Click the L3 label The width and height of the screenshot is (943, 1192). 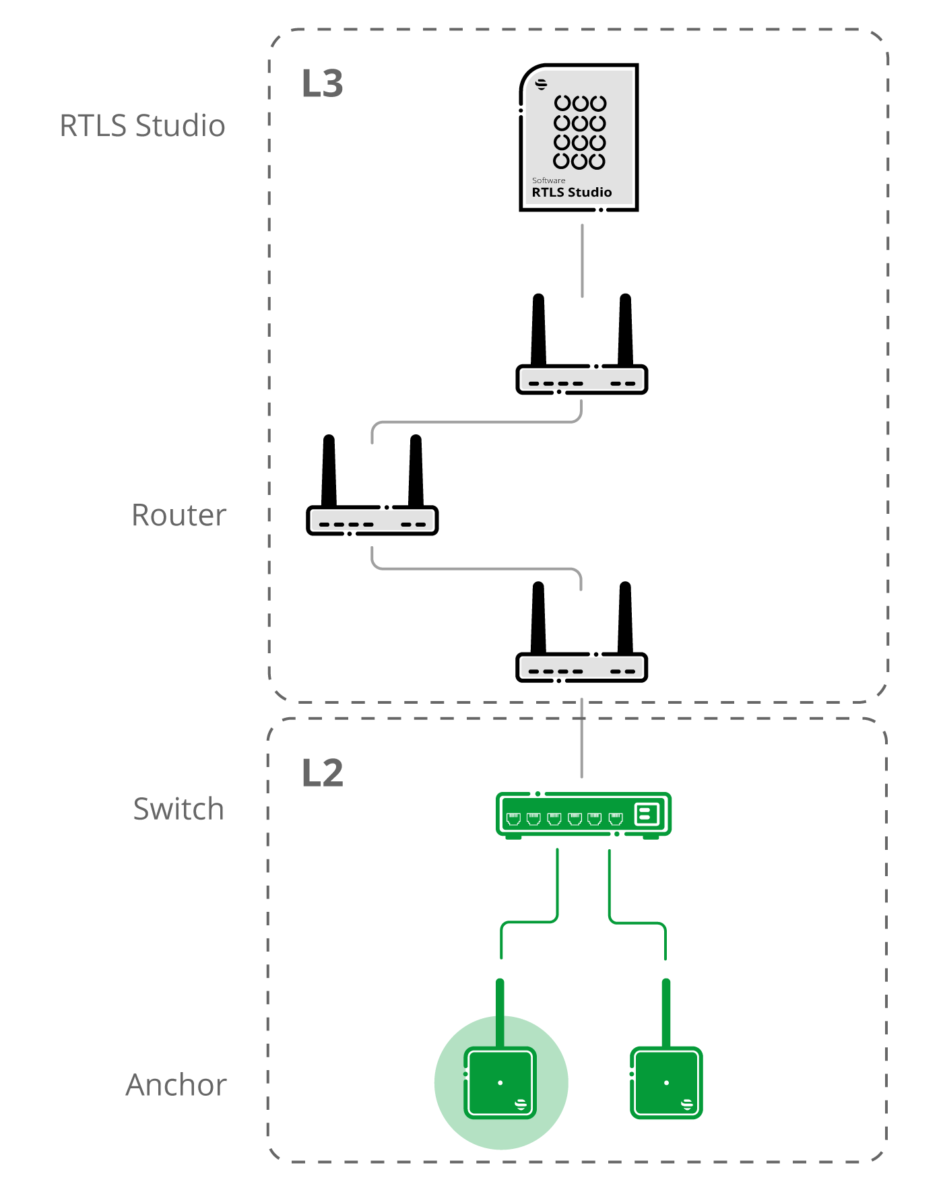coord(323,84)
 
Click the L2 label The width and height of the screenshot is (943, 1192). coord(323,773)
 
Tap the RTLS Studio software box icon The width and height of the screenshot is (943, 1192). coord(579,137)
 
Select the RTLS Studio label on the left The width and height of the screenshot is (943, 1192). coord(142,126)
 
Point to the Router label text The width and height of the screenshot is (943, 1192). coord(179,515)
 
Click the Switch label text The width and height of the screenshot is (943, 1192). coord(178,809)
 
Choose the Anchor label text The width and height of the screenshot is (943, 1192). coord(176,1085)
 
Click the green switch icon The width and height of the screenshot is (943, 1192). coord(583,815)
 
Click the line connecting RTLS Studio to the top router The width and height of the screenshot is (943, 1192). coord(582,261)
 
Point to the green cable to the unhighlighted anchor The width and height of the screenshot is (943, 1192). coord(637,922)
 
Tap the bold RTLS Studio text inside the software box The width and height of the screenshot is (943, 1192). coord(572,193)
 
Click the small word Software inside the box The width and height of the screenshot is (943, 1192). coord(549,180)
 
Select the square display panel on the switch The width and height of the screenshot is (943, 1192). coord(647,814)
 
